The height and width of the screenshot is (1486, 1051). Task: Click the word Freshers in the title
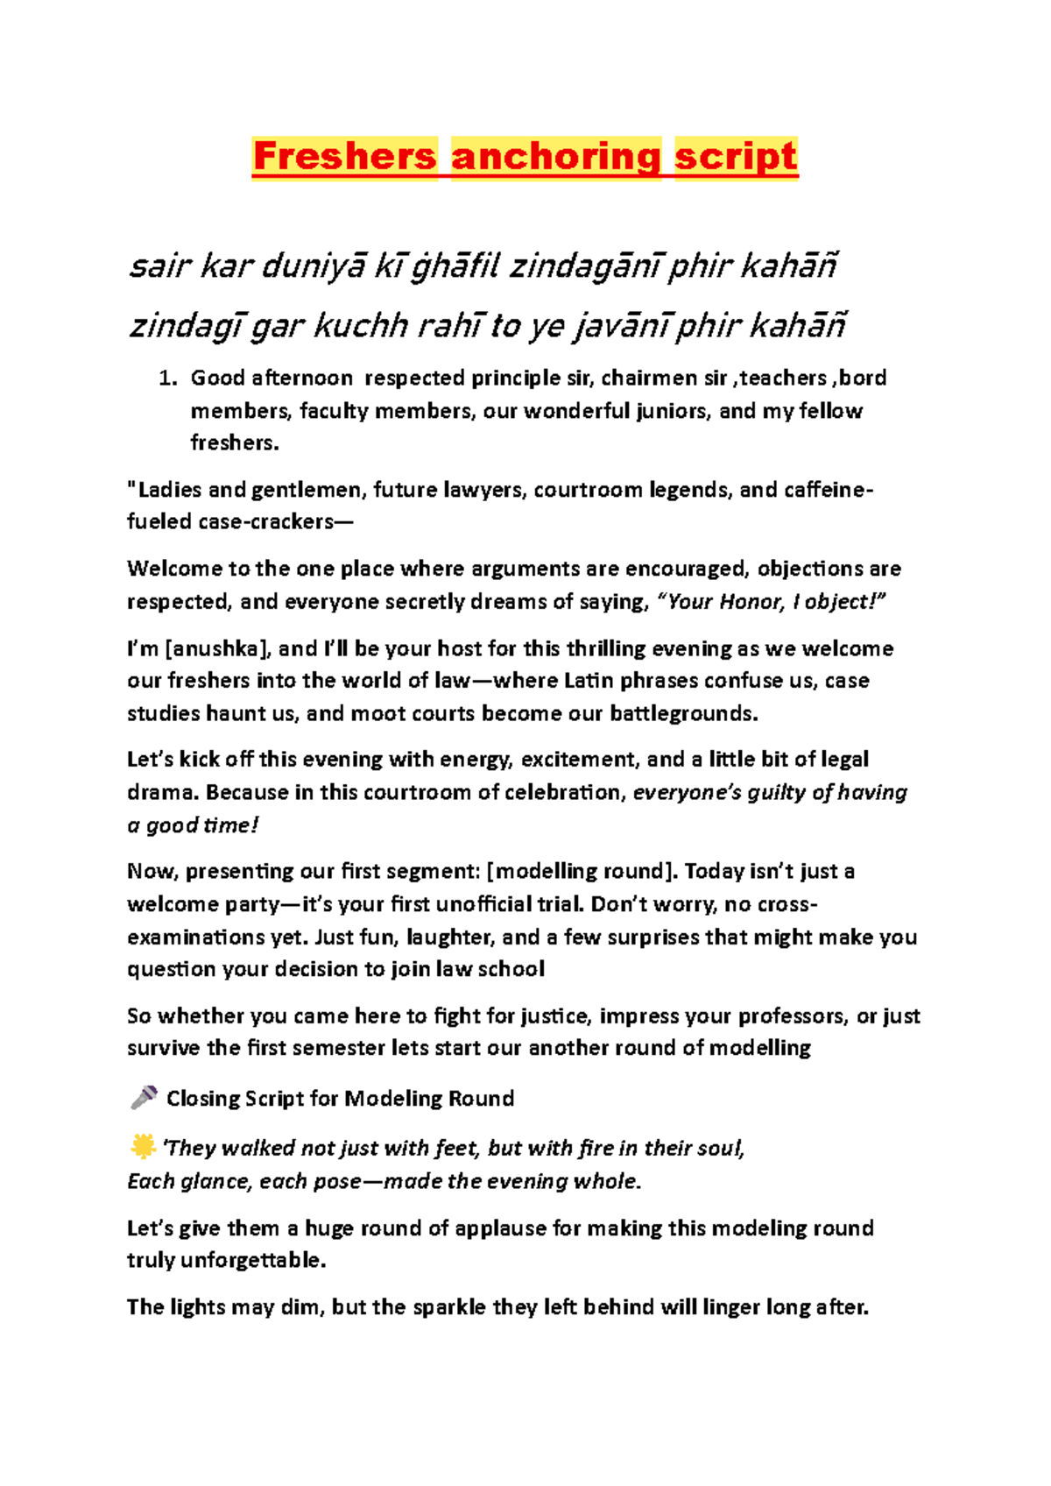[344, 157]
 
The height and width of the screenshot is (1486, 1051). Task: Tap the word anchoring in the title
[555, 157]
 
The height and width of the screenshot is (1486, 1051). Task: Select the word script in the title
[736, 157]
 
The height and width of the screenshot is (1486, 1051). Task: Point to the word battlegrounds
[683, 714]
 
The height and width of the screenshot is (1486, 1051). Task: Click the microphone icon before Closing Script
[144, 1097]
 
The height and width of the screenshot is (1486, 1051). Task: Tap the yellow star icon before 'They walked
[142, 1146]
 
